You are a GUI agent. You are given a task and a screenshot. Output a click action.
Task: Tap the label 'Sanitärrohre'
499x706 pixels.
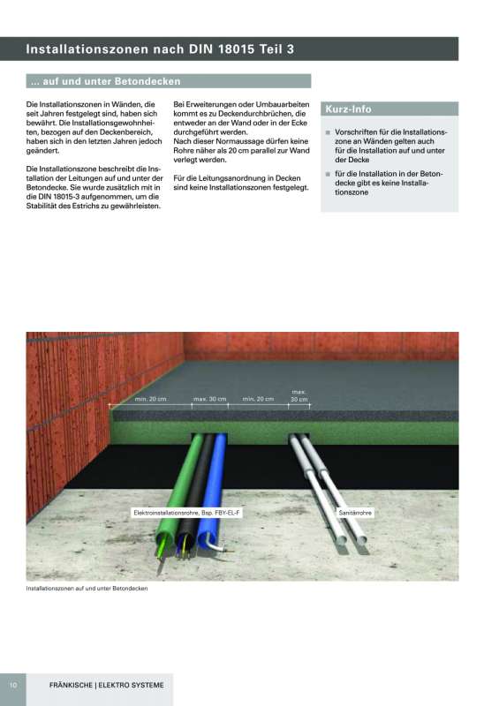(353, 513)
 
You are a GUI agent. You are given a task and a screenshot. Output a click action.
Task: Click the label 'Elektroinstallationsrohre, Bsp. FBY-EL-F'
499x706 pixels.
(180, 513)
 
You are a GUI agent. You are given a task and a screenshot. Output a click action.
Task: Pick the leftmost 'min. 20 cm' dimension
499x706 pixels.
(151, 400)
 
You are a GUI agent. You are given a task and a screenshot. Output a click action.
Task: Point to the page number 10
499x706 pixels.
(13, 685)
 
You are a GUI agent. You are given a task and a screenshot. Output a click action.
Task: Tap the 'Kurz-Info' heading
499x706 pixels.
(349, 109)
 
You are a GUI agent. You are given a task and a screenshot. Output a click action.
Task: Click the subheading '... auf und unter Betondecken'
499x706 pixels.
(105, 81)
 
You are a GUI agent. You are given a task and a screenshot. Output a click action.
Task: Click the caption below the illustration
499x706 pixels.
(87, 588)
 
